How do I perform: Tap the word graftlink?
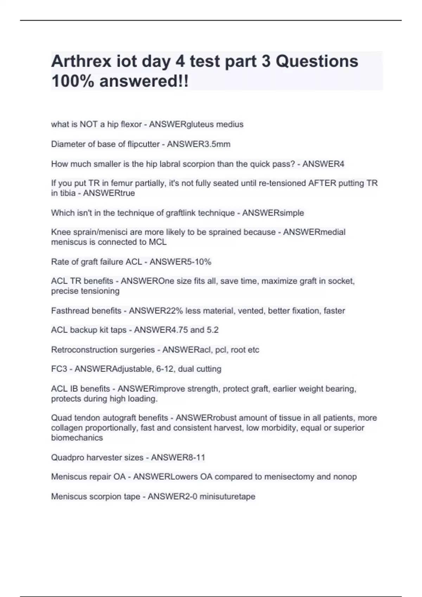[176, 213]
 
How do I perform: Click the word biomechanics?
[77, 438]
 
